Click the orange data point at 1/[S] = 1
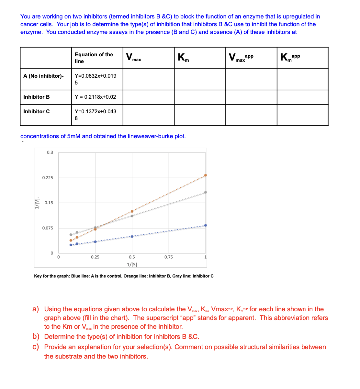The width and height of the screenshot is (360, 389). [x=206, y=175]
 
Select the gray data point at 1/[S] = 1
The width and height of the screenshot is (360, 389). [x=206, y=192]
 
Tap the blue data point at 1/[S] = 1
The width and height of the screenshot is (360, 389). [x=206, y=225]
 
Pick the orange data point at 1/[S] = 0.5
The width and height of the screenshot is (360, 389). [x=132, y=211]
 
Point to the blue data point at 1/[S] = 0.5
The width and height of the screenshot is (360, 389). [x=132, y=236]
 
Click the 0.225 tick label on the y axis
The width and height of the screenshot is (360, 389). [x=48, y=178]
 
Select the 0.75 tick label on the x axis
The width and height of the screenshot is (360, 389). [x=168, y=257]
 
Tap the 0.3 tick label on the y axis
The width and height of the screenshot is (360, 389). [x=50, y=152]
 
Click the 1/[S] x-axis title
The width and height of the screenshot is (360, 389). [x=132, y=264]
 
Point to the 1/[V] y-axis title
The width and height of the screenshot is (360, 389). [x=37, y=203]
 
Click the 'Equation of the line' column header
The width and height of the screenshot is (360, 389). [x=94, y=58]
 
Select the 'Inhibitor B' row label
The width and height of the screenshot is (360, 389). [x=37, y=97]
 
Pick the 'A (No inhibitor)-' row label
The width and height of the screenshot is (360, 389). [x=43, y=76]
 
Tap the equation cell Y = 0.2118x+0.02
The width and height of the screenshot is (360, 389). [x=95, y=97]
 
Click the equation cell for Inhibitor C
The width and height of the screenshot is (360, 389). [x=95, y=115]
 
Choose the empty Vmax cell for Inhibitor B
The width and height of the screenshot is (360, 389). [x=148, y=97]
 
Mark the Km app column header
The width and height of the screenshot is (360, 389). [x=290, y=58]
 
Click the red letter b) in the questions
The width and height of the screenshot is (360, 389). [x=36, y=337]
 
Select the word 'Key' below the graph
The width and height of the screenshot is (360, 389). [x=38, y=276]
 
